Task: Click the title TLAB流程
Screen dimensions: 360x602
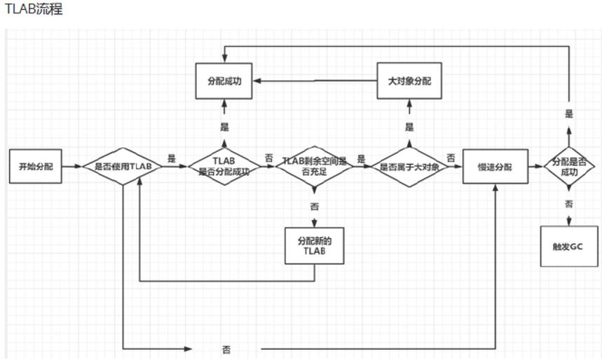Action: pyautogui.click(x=33, y=10)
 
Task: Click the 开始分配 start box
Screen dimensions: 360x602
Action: pyautogui.click(x=36, y=166)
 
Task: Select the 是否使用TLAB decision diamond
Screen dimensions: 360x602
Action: pyautogui.click(x=123, y=167)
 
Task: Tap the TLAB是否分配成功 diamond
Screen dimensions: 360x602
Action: pyautogui.click(x=225, y=166)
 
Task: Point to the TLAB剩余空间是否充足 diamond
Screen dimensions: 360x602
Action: pyautogui.click(x=315, y=165)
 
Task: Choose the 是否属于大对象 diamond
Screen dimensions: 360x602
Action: pyautogui.click(x=409, y=167)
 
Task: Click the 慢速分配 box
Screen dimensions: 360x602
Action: pyautogui.click(x=495, y=166)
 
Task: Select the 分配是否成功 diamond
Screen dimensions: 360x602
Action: pyautogui.click(x=569, y=167)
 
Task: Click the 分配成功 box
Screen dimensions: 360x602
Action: pyautogui.click(x=224, y=81)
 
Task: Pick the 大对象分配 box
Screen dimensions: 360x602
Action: pyautogui.click(x=409, y=81)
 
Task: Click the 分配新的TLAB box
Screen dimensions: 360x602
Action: pyautogui.click(x=315, y=245)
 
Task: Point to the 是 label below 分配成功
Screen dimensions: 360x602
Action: pyautogui.click(x=224, y=127)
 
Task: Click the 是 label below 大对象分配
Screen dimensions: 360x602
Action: pyautogui.click(x=409, y=127)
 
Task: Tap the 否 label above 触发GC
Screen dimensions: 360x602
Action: pyautogui.click(x=569, y=204)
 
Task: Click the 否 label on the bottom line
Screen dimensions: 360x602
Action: pyautogui.click(x=226, y=348)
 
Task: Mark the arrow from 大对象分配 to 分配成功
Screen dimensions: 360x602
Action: pyautogui.click(x=315, y=81)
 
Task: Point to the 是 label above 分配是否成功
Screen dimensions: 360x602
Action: pyautogui.click(x=569, y=113)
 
